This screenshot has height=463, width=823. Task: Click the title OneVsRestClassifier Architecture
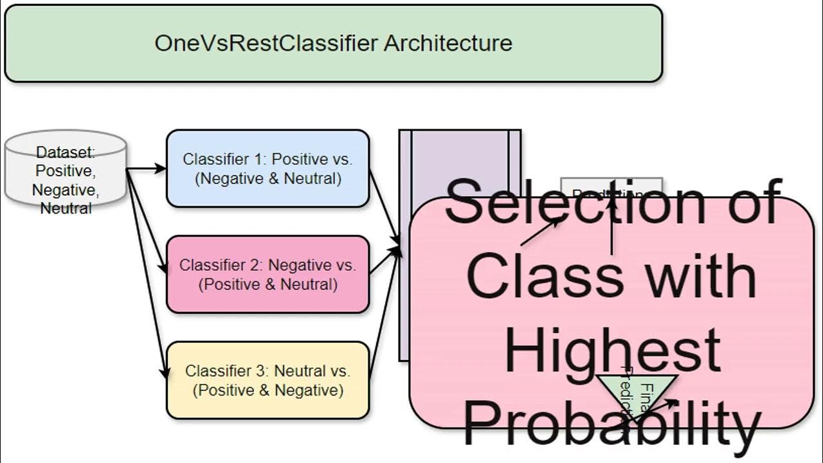(333, 43)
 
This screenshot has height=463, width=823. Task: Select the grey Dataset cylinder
(65, 168)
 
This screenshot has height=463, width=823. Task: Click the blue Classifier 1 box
(267, 168)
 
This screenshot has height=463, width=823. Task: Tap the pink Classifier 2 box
(267, 274)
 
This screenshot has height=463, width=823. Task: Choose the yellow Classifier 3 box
(267, 380)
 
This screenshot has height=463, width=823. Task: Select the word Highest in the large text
(612, 350)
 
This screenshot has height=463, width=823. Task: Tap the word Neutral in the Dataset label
(66, 208)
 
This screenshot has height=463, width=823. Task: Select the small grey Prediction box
(611, 187)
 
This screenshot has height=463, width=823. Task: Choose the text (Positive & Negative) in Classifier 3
(267, 390)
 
